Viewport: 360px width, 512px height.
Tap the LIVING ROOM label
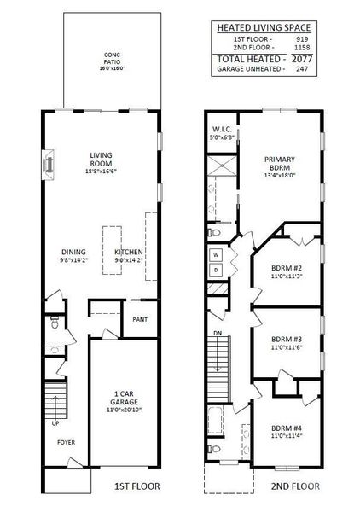point(102,160)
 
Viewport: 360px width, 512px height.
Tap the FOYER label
point(66,444)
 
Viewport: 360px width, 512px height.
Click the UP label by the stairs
point(56,423)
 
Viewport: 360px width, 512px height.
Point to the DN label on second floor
point(218,332)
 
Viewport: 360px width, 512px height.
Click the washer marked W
point(216,254)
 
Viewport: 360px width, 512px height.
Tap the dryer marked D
point(216,271)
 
